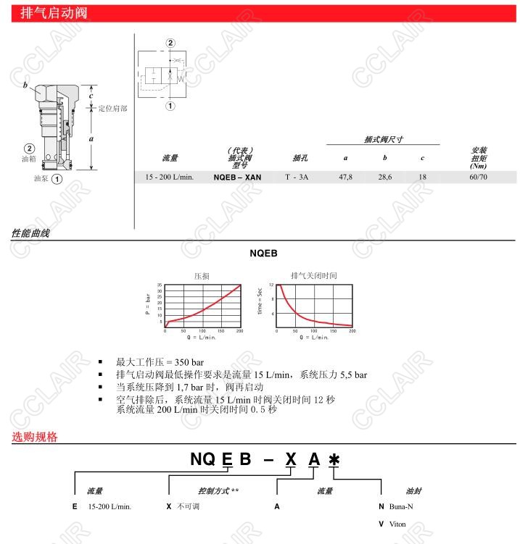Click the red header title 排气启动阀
pos(49,13)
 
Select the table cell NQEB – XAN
pos(237,177)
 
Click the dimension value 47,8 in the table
pos(346,177)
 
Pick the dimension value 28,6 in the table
pos(385,177)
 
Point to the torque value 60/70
pos(479,177)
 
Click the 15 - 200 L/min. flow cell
pos(170,177)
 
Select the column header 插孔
pos(300,158)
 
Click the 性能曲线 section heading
pos(30,233)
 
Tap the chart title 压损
pos(202,276)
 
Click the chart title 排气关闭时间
pos(313,275)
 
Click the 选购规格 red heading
pos(34,437)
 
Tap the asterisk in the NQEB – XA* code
pos(334,460)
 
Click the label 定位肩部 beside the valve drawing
pos(112,109)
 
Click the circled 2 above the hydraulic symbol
pos(170,43)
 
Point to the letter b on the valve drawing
pos(25,85)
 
